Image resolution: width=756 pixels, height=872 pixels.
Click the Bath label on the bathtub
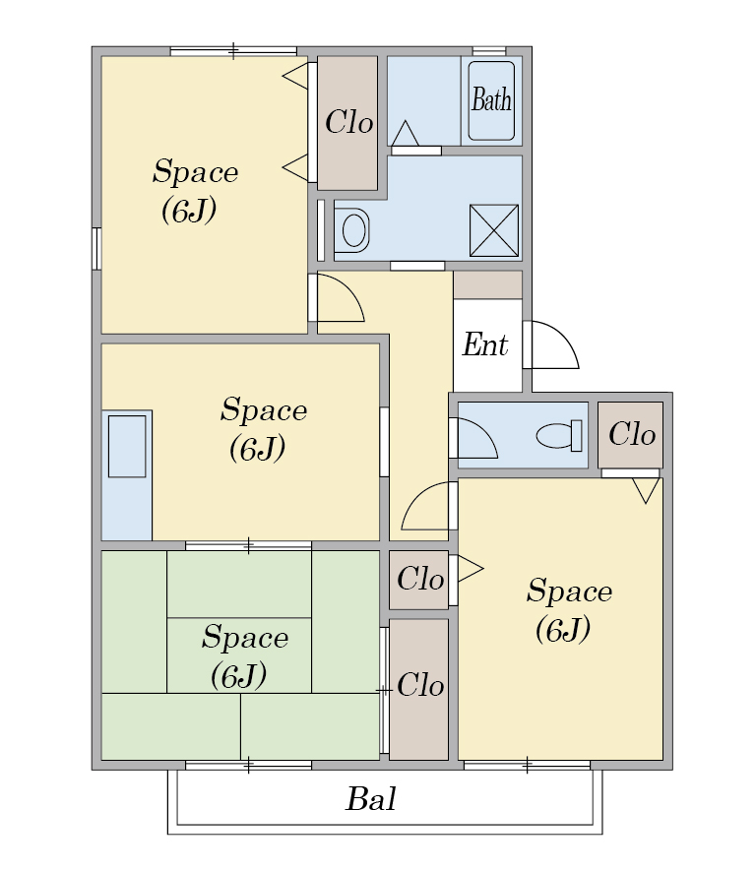tap(491, 100)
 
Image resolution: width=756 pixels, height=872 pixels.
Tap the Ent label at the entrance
tap(485, 344)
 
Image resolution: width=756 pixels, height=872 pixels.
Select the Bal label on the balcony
tap(371, 799)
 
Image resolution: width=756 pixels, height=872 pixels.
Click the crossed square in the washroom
tap(494, 230)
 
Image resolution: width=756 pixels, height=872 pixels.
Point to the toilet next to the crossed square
tap(351, 230)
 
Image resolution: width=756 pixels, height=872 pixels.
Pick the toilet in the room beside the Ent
tap(560, 435)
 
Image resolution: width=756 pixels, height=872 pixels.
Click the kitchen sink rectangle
tap(127, 446)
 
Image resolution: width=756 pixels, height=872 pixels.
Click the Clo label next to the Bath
tap(348, 122)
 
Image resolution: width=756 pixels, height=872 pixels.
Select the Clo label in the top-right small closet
tap(632, 434)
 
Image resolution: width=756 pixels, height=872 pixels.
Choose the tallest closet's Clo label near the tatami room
tap(420, 685)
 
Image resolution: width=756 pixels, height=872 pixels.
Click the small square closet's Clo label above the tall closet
tap(420, 579)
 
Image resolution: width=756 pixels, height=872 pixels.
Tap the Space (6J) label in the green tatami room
tap(244, 656)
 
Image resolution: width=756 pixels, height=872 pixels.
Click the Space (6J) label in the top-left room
tap(195, 191)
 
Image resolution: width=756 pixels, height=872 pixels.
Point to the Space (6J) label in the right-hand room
tap(569, 610)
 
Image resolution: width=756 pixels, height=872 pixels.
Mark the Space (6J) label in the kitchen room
tap(263, 429)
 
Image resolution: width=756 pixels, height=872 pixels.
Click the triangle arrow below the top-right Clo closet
tap(646, 490)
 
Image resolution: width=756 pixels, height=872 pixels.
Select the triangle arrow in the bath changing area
tap(405, 134)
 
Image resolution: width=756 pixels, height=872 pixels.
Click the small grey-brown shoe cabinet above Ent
tap(488, 284)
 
